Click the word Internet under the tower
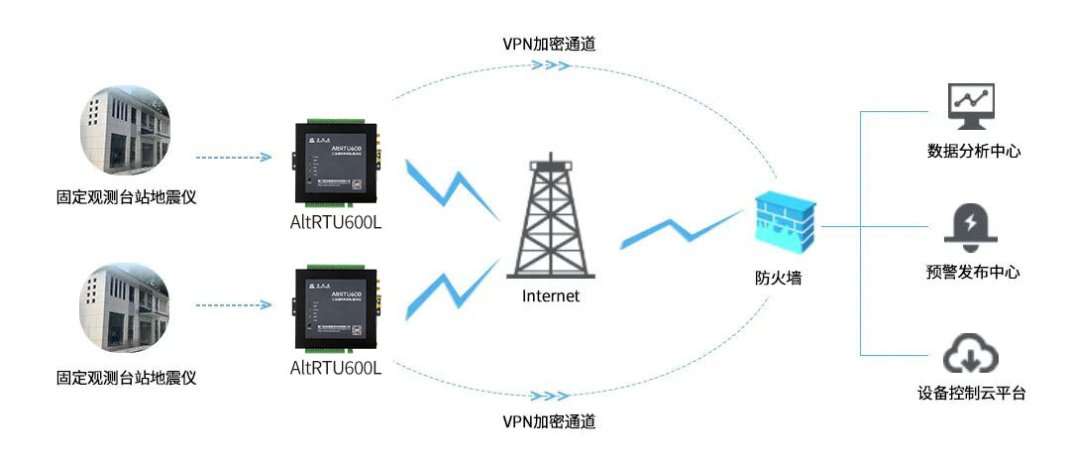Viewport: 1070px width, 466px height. pos(551,295)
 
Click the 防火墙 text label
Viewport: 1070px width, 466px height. pos(778,279)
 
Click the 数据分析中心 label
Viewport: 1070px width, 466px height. pos(974,152)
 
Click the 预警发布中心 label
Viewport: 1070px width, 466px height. pos(974,273)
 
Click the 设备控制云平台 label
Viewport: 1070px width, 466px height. pos(972,394)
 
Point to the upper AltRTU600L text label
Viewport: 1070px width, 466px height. pos(337,221)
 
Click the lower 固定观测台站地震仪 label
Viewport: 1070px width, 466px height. pos(127,378)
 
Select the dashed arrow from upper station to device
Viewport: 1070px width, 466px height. pos(234,157)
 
